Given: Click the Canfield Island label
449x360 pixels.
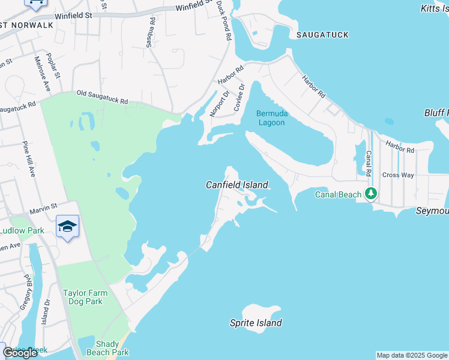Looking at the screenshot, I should (237, 185).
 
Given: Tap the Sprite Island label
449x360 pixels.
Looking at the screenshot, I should (256, 323).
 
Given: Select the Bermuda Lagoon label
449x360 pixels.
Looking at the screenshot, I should (271, 118).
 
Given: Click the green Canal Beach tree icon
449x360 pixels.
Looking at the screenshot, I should (372, 194).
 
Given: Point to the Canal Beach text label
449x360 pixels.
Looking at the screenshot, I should (339, 194).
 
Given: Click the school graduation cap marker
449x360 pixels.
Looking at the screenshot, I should (68, 226).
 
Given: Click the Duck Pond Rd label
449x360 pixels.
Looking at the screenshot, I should (224, 20).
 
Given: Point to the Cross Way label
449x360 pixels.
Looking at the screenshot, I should (398, 175).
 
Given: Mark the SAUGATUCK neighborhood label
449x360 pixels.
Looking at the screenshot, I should (322, 35).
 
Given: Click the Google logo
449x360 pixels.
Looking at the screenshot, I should (20, 352).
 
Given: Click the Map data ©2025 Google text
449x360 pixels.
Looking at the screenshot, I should (412, 355).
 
